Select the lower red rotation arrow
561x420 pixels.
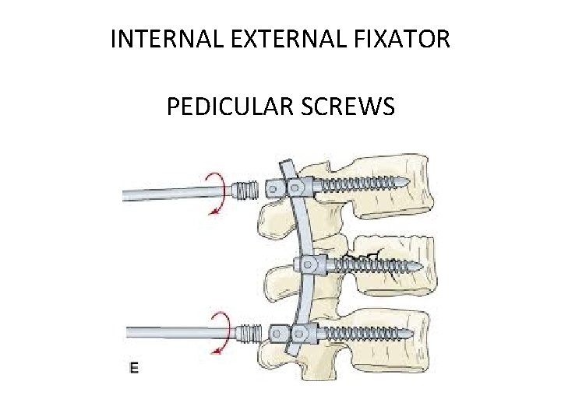click(219, 331)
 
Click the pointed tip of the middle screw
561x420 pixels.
click(422, 266)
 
